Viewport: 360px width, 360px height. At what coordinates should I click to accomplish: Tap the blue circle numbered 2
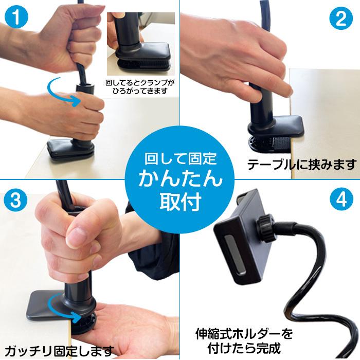(x=341, y=19)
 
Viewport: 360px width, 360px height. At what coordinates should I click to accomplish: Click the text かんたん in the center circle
(x=179, y=177)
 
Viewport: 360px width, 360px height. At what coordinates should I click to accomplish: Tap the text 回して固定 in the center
(x=179, y=157)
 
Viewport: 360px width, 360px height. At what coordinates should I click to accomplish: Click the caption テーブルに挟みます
(x=301, y=165)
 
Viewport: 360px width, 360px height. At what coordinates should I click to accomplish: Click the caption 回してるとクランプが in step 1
(x=139, y=82)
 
